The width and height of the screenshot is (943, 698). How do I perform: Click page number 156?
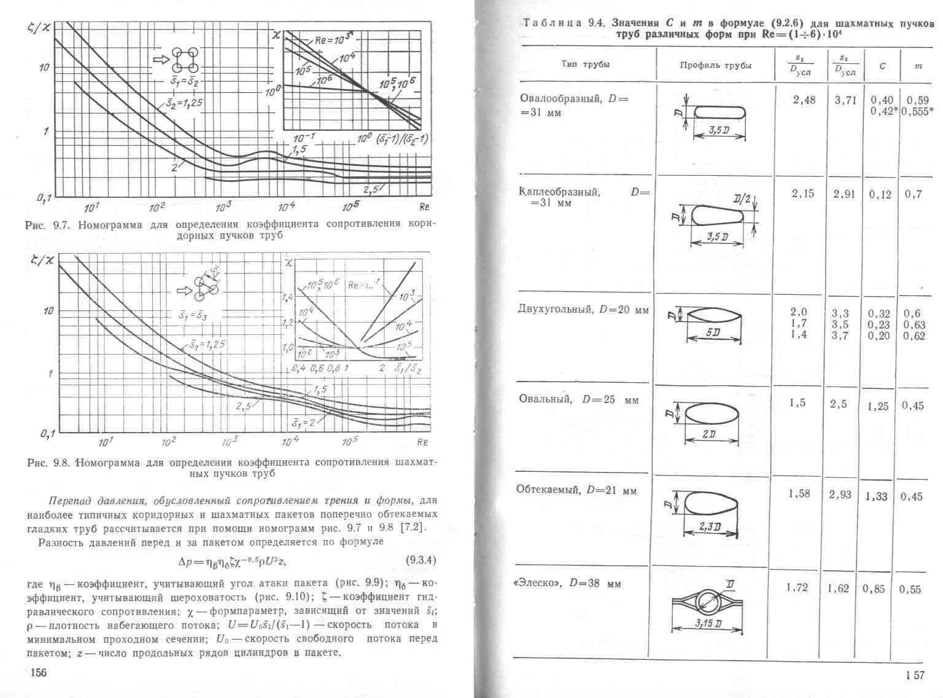point(38,673)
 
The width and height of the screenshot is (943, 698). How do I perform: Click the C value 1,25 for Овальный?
point(877,406)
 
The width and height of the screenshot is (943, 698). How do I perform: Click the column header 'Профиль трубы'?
point(715,66)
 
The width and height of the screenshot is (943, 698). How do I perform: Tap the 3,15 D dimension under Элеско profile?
point(708,624)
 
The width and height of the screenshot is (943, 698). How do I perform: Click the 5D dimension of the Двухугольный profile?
point(712,332)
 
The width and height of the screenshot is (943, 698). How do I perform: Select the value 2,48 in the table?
point(804,100)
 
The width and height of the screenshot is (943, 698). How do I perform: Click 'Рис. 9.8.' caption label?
point(47,462)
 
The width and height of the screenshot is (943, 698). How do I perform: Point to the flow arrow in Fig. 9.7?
point(160,59)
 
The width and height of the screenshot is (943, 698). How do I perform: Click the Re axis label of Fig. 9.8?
point(422,442)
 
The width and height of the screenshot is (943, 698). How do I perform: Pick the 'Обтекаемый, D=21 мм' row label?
point(576,490)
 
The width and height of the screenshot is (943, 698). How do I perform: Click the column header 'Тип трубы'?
point(585,65)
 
